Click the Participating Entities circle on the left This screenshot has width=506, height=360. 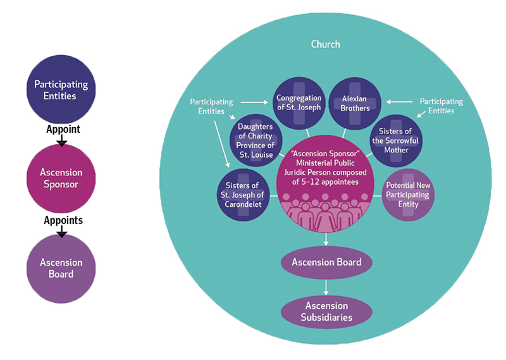point(61,90)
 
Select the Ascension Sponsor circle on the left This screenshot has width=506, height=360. point(61,179)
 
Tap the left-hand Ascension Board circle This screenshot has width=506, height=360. point(61,268)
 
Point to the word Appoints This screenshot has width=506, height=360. point(63,220)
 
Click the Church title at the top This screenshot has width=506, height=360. point(326,44)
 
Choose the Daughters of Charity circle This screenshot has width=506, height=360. point(255,140)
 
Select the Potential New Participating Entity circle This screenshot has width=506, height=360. point(408,195)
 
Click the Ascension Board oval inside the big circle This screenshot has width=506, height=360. point(326,262)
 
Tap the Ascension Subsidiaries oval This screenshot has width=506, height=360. point(326,311)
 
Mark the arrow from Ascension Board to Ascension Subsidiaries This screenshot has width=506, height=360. point(326,286)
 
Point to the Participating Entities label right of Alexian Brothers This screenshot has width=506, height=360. point(441,106)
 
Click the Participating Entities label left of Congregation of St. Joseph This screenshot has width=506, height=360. point(211,106)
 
